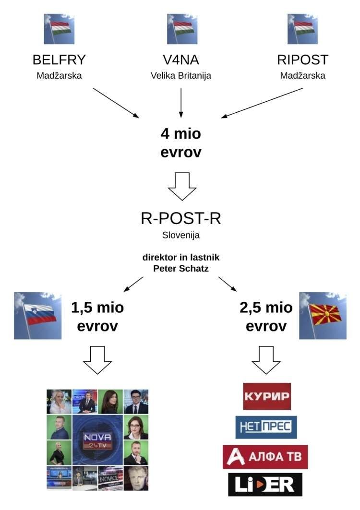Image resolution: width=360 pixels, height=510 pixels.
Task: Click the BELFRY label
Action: pos(59,60)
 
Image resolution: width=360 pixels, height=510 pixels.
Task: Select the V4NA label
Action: pos(180,60)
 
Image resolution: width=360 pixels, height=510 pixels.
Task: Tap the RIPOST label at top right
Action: pos(302,60)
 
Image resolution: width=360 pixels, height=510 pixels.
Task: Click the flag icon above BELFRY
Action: pos(59,29)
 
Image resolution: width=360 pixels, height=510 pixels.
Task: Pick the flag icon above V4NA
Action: pos(180,29)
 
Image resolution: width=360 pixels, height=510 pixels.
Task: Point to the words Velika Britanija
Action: pos(180,76)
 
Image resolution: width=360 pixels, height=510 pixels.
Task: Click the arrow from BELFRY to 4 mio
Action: pos(115,103)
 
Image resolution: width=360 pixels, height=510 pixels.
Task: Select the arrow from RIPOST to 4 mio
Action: pos(263,102)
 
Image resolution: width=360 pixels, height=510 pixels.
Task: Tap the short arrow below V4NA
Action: pos(180,102)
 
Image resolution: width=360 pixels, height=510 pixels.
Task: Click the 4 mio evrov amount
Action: pos(181,143)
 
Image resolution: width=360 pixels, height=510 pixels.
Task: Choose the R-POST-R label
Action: pos(180,219)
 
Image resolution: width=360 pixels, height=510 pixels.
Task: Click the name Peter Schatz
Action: pos(180,268)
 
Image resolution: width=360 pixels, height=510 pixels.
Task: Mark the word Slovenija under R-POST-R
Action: pos(180,236)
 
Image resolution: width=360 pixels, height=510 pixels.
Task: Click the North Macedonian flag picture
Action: pos(323,315)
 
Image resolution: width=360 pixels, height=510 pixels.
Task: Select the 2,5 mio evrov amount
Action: pos(266,317)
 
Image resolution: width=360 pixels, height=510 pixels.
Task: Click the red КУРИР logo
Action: pos(267,396)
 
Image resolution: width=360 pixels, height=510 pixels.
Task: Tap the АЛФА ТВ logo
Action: pos(265,456)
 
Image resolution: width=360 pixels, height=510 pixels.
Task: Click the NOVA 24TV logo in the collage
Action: pos(97,440)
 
